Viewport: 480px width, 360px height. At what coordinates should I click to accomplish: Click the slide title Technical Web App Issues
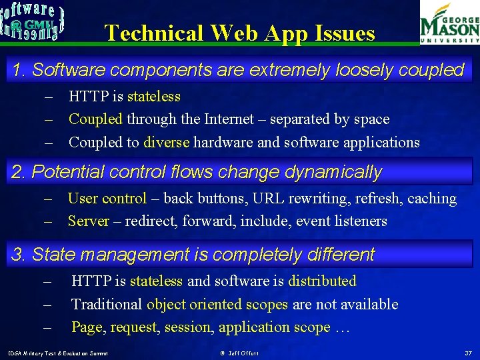(x=240, y=33)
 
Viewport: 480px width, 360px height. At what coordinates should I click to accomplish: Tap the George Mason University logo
(x=449, y=23)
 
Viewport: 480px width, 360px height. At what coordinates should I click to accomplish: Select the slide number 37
(x=468, y=352)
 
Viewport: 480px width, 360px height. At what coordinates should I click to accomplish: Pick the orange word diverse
(x=167, y=142)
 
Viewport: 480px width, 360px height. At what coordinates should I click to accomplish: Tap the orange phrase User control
(x=107, y=198)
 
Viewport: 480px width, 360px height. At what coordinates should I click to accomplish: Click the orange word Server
(x=88, y=221)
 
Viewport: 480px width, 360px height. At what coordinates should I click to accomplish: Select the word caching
(x=432, y=198)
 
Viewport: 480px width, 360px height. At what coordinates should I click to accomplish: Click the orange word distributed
(x=322, y=281)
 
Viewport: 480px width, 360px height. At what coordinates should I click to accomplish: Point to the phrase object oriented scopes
(x=217, y=304)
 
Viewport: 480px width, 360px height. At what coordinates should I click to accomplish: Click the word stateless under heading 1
(x=154, y=97)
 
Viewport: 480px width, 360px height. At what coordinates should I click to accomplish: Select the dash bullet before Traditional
(x=48, y=304)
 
